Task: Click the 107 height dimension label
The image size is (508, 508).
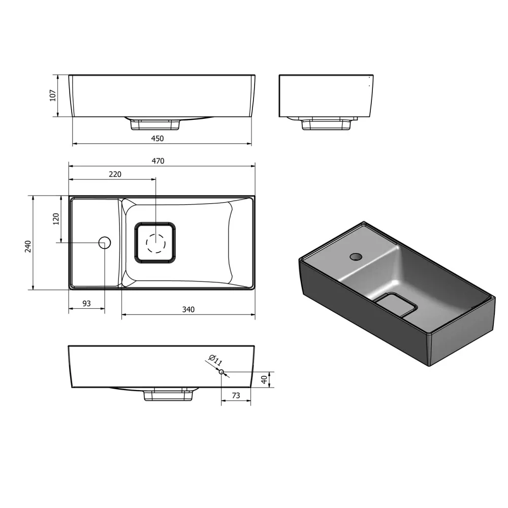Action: pos(53,96)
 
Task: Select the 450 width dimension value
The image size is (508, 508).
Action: pos(157,139)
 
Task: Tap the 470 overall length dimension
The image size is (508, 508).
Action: pos(158,161)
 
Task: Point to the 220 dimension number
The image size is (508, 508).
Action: pos(115,174)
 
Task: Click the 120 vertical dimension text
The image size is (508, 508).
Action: pos(56,219)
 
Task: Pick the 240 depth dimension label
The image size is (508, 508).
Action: pos(28,246)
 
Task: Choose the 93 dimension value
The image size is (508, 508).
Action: pos(86,304)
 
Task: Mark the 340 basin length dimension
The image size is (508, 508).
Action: pos(188,309)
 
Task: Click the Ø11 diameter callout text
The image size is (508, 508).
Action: pos(215,360)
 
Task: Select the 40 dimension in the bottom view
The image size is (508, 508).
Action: pos(264,379)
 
